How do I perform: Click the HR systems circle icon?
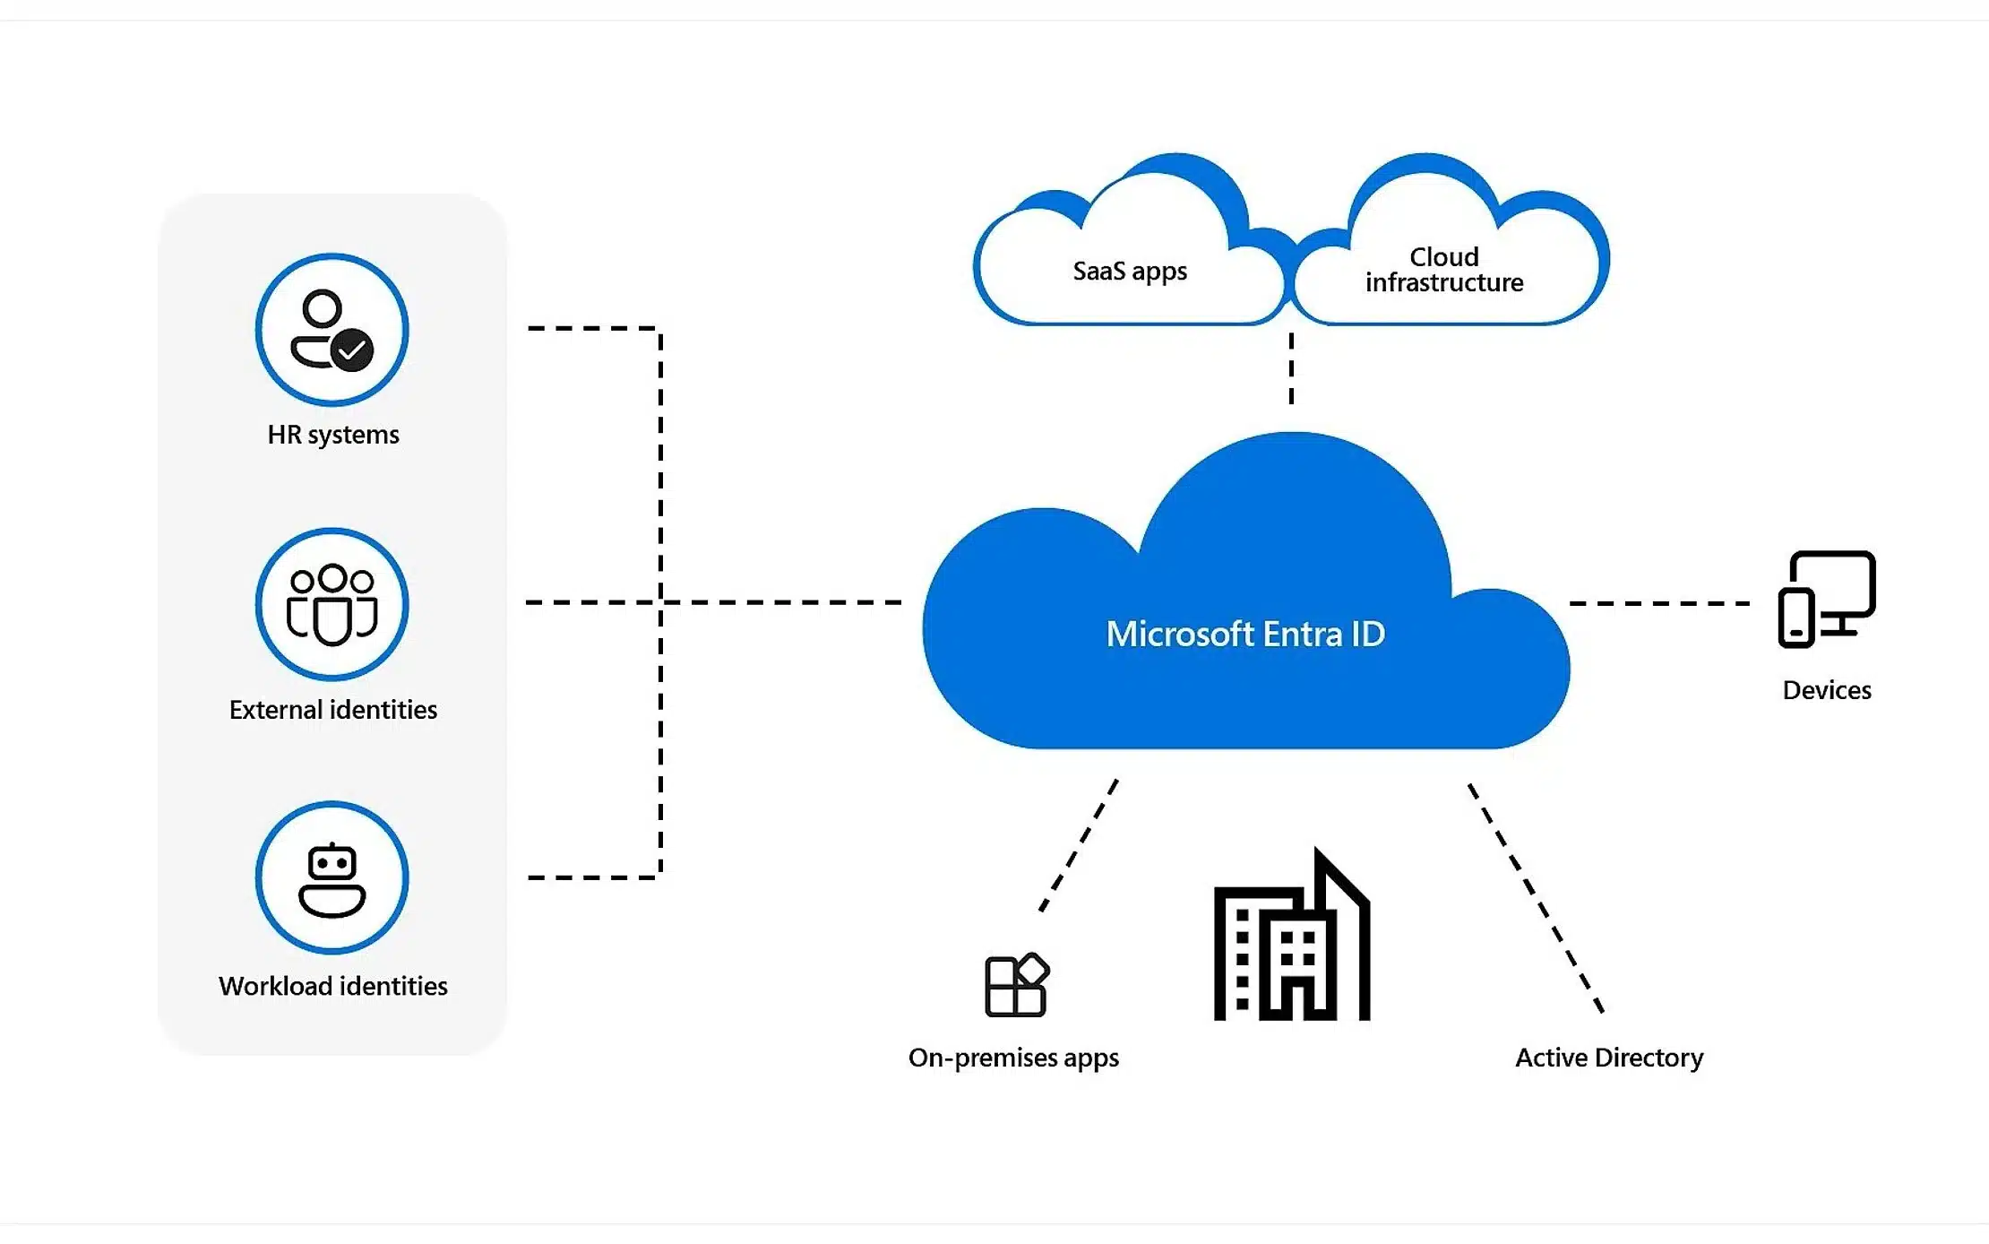(x=331, y=330)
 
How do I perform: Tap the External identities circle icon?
(x=331, y=604)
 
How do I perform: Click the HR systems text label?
(x=333, y=435)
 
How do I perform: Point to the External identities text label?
(x=333, y=710)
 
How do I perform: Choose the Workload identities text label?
(x=333, y=986)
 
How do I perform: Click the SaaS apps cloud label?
(x=1130, y=271)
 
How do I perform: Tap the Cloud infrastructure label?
(x=1444, y=270)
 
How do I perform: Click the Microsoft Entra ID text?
(x=1245, y=635)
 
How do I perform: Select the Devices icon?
(x=1827, y=599)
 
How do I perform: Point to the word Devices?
(x=1827, y=690)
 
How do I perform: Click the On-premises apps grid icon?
(x=1016, y=985)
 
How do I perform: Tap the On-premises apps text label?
(x=1013, y=1058)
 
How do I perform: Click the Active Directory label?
(x=1609, y=1058)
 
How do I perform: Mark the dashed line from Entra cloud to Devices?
(x=1659, y=603)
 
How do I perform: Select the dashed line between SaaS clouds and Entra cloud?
(x=1291, y=368)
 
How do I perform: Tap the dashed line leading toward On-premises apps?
(x=1080, y=845)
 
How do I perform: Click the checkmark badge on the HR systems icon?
(x=352, y=350)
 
